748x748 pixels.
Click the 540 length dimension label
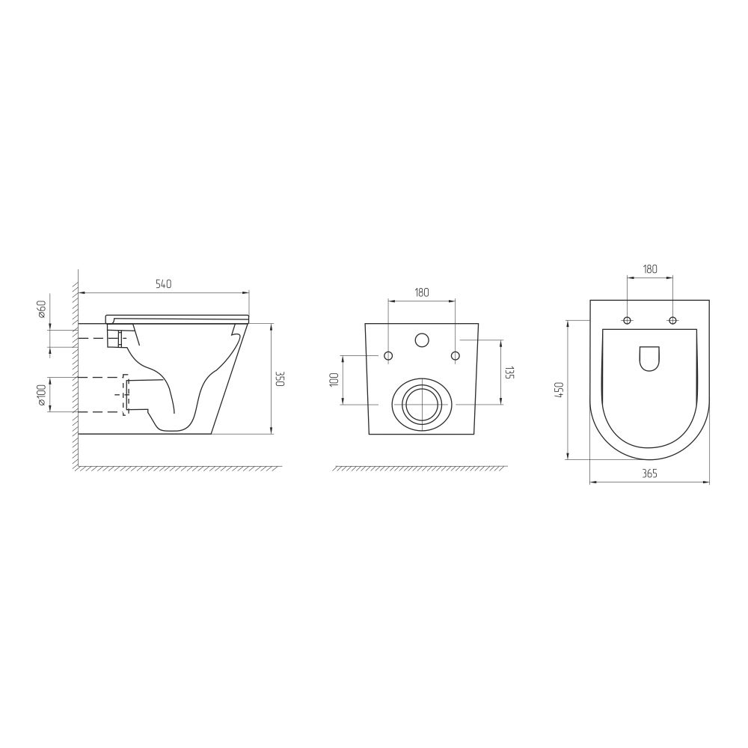(163, 283)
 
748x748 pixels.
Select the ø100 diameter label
(41, 395)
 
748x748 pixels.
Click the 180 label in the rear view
(422, 292)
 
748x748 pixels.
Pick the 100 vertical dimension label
(334, 379)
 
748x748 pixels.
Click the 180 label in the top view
(650, 269)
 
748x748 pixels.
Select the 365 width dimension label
(650, 473)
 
